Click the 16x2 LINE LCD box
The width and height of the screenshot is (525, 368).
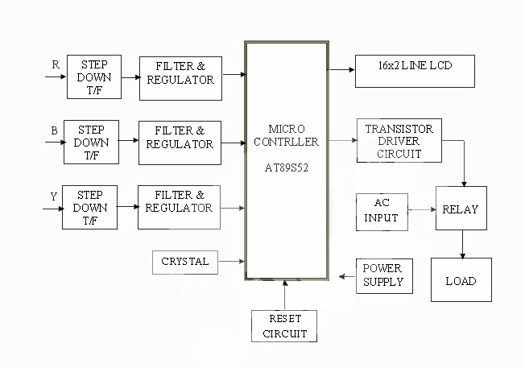[415, 71]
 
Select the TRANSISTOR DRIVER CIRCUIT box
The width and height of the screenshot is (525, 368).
[399, 141]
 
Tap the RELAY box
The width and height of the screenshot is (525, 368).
[461, 209]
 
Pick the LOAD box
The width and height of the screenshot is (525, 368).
[461, 280]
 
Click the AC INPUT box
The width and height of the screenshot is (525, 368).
[382, 209]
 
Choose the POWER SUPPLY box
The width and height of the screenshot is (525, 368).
[382, 275]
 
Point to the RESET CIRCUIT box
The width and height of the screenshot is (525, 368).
[283, 326]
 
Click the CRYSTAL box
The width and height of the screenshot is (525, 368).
[184, 262]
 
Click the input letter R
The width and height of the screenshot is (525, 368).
[55, 64]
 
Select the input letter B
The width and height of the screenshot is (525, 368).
[54, 128]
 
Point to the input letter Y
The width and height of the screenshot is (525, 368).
[54, 195]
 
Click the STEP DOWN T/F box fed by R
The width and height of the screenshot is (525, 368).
[93, 76]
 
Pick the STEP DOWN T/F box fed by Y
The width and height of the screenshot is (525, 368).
[89, 207]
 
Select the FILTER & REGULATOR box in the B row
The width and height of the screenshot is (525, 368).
[180, 143]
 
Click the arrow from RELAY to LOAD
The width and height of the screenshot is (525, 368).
[461, 245]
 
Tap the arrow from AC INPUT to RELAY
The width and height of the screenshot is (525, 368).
[421, 209]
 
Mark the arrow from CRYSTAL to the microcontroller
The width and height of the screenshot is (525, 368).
[230, 262]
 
